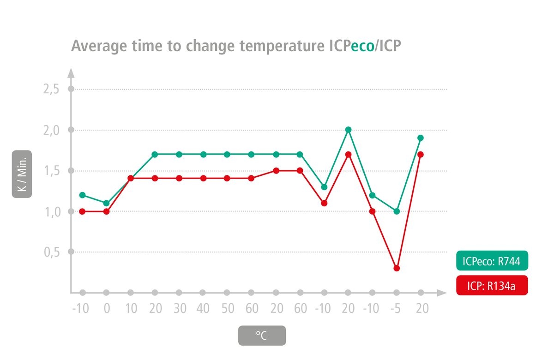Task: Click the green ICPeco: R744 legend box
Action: [492, 262]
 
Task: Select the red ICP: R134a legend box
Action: [492, 286]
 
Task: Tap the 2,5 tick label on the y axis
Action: [51, 89]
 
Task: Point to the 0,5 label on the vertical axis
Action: [51, 252]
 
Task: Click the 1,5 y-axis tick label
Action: [51, 171]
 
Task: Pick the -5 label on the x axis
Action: [396, 308]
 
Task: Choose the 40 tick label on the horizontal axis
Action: [203, 308]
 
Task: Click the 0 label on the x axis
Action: [107, 308]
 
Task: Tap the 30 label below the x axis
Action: [179, 308]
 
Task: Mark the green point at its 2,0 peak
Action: [349, 130]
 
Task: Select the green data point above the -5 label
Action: [397, 211]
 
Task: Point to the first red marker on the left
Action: [83, 211]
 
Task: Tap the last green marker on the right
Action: [421, 138]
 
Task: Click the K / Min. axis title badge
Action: [22, 174]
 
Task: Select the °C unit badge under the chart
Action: [262, 336]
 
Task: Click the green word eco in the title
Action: [362, 46]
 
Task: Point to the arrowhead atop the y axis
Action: [71, 72]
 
